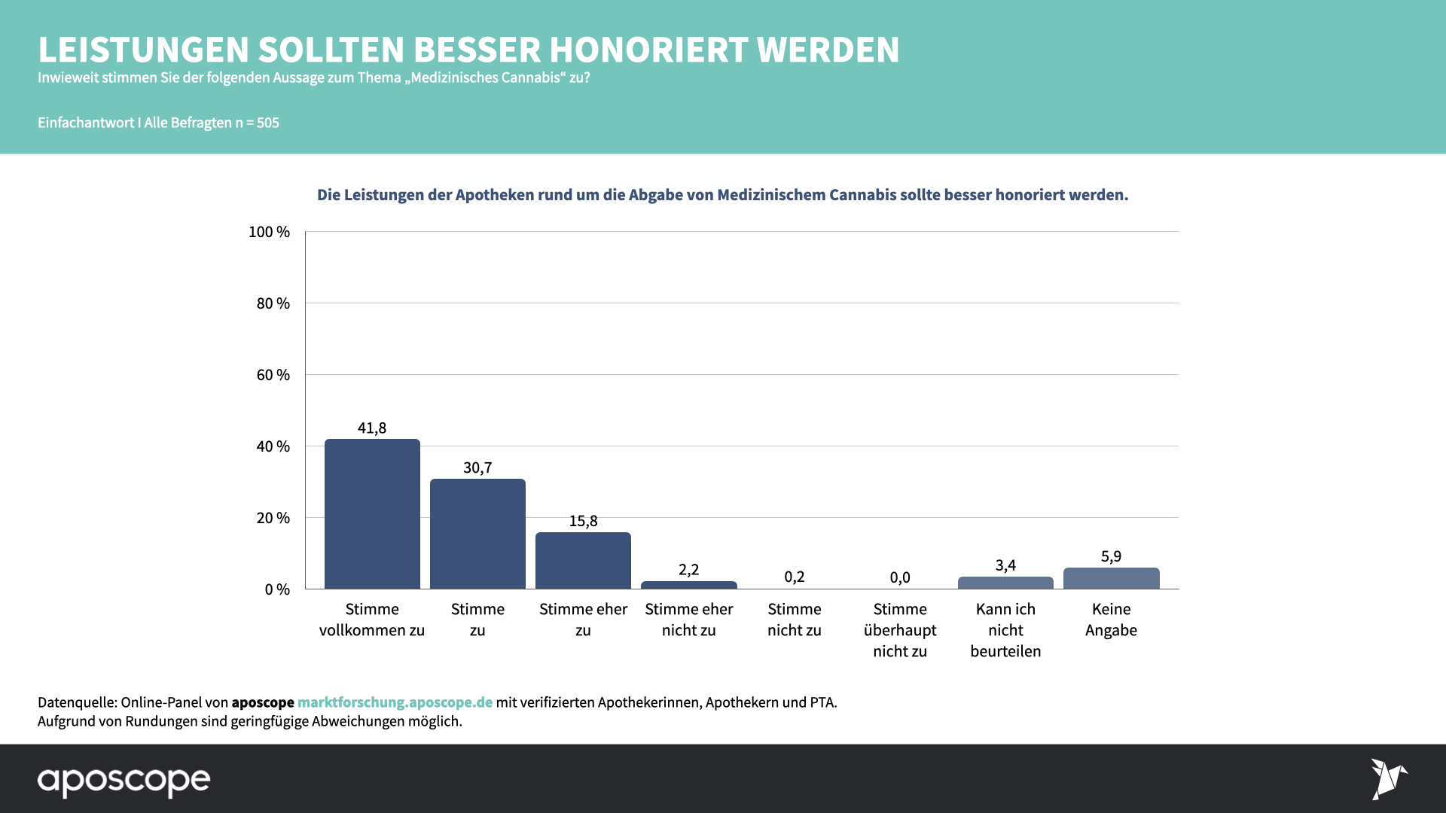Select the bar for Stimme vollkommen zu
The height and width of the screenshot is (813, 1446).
[x=372, y=513]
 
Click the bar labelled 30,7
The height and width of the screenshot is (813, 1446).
[x=477, y=534]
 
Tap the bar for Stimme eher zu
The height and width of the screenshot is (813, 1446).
[x=583, y=561]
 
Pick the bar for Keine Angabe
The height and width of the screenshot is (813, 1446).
[x=1111, y=578]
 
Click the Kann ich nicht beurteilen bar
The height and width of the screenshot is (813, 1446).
[x=1005, y=583]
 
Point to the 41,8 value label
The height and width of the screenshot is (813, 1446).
[x=372, y=428]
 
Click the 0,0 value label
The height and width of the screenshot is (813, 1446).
[x=900, y=577]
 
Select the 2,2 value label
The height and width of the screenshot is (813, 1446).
[x=688, y=570]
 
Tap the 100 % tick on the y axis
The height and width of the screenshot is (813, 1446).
[x=269, y=232]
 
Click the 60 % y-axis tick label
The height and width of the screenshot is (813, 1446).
[x=273, y=375]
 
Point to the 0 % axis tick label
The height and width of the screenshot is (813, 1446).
[x=277, y=589]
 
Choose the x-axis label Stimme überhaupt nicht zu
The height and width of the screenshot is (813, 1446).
[x=900, y=630]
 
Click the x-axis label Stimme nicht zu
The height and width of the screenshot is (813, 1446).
[x=795, y=620]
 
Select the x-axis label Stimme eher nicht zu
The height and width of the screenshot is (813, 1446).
[x=688, y=620]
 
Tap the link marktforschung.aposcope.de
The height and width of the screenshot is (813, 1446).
[x=395, y=702]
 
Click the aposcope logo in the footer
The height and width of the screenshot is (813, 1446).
[x=124, y=781]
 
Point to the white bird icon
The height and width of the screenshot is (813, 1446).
[x=1388, y=778]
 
